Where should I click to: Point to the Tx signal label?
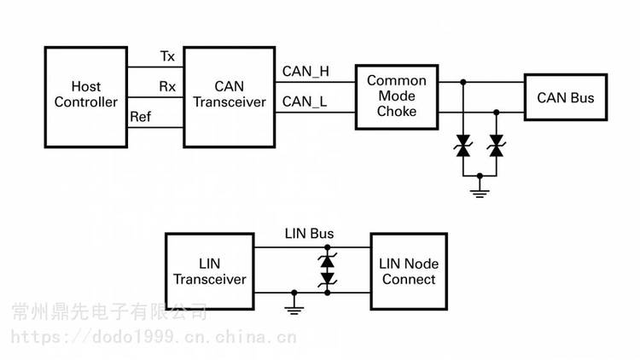click(167, 56)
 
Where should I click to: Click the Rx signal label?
click(167, 86)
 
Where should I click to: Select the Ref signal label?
click(141, 117)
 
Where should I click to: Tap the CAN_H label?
click(305, 72)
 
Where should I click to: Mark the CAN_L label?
click(305, 102)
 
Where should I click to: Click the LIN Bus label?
click(309, 234)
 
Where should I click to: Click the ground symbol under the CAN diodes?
click(480, 191)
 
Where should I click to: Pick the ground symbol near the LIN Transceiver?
click(294, 308)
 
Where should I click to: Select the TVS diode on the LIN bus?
click(328, 270)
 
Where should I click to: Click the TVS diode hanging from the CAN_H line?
click(463, 146)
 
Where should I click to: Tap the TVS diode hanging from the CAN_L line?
click(497, 146)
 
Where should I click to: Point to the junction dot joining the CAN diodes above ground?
click(480, 176)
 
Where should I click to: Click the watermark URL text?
click(154, 337)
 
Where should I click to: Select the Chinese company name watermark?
click(109, 312)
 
